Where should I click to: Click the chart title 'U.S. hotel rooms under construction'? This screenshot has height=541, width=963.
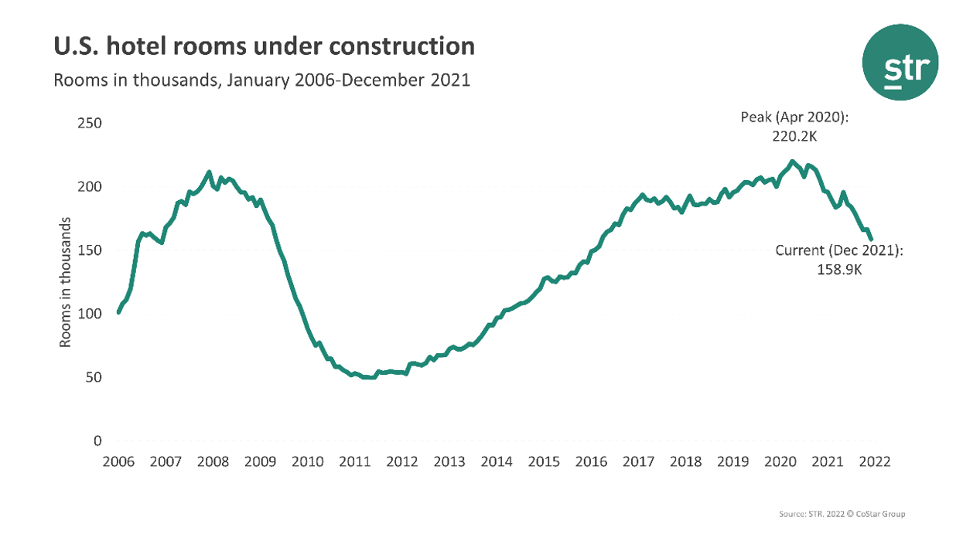(x=264, y=46)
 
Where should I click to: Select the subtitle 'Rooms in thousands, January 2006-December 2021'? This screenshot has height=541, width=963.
(x=261, y=80)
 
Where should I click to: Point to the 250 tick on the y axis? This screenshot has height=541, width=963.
(x=91, y=124)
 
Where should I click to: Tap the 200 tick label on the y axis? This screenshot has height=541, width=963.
(x=91, y=187)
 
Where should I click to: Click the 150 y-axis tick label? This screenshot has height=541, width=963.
(x=91, y=250)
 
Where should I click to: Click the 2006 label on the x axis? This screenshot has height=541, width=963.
(x=118, y=461)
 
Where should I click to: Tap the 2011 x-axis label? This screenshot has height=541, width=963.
(x=355, y=461)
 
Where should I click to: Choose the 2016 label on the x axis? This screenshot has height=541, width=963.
(x=592, y=461)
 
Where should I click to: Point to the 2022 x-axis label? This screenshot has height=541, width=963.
(x=875, y=461)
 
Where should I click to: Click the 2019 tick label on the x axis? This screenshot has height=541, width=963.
(x=733, y=461)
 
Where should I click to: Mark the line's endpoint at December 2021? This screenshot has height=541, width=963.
(x=872, y=239)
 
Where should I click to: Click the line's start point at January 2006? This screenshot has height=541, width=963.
(x=118, y=312)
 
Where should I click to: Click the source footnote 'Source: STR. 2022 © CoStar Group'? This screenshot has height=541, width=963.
(x=842, y=514)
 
